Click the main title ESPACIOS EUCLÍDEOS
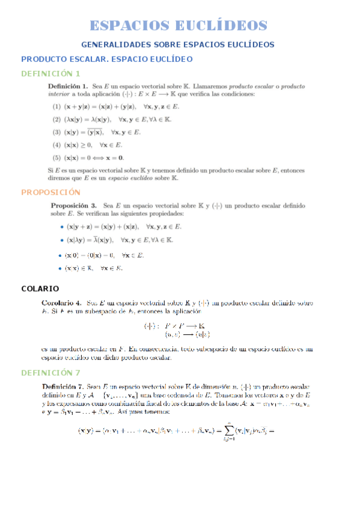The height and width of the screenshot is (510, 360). click(178, 25)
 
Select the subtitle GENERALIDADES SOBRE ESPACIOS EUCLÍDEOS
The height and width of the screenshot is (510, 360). click(178, 45)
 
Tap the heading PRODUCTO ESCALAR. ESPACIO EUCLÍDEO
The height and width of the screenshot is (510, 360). click(107, 59)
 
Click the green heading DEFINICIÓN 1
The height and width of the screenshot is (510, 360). click(50, 73)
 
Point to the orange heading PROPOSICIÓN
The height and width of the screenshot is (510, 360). click(50, 192)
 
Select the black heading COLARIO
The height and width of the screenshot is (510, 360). click(40, 289)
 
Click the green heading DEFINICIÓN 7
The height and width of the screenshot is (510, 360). click(50, 373)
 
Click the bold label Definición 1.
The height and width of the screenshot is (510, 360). click(69, 87)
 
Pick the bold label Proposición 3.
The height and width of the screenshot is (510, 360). click(75, 206)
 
